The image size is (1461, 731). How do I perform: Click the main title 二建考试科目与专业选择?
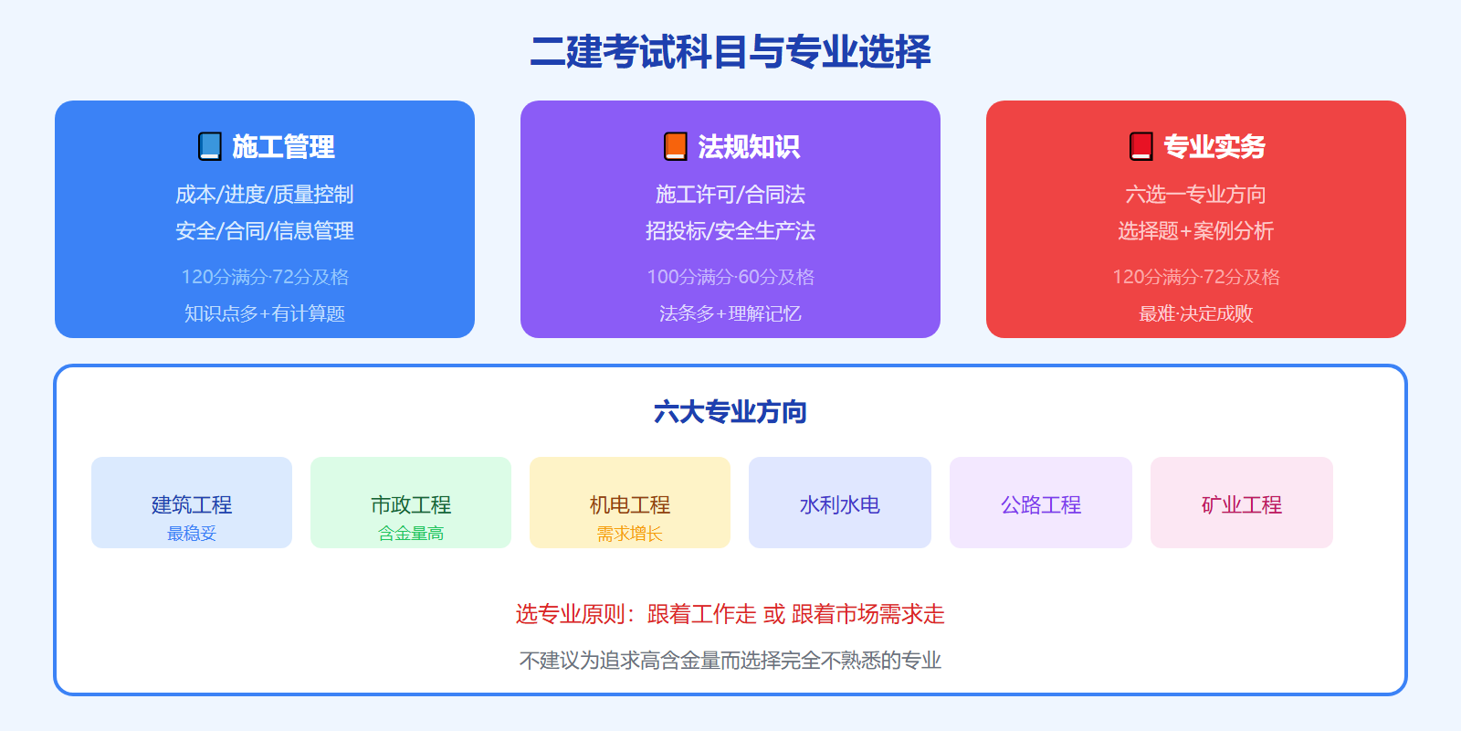point(730,51)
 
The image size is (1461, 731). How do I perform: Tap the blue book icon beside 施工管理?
point(210,146)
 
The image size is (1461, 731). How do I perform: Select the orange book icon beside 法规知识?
point(676,146)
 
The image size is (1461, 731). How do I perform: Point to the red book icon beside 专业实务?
point(1141,146)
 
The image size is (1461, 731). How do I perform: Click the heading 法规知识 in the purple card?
point(749,146)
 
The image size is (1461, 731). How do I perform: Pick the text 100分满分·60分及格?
point(730,277)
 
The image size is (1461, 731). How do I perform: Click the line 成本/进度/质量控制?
point(265,195)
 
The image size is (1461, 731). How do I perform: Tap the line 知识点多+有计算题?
point(265,313)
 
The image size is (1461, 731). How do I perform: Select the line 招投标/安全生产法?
point(730,231)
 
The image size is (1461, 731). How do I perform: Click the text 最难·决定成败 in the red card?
point(1196,313)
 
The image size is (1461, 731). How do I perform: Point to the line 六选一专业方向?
point(1196,195)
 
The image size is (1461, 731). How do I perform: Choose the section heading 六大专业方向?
point(730,412)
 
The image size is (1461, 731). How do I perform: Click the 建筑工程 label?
point(192,504)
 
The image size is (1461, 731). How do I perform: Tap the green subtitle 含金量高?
point(411,534)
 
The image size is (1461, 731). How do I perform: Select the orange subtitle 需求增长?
point(630,534)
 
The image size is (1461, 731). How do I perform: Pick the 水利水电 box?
point(840,503)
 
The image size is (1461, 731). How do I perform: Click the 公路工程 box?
point(1041,503)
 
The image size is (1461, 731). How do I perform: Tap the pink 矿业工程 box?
point(1242,503)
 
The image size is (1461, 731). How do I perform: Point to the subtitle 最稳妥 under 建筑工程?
point(192,534)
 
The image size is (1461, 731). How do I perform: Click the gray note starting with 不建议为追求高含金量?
point(730,660)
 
